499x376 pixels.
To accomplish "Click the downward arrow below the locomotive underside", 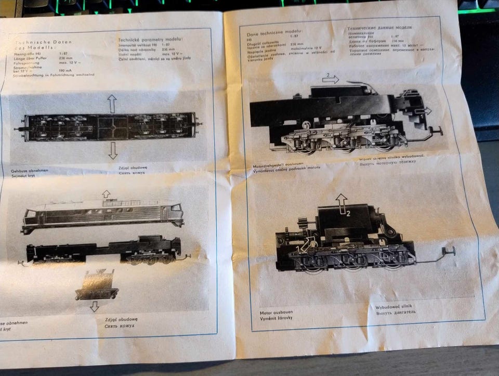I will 112,150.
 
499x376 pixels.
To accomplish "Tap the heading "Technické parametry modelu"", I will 150,40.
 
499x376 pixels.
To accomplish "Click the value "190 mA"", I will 65,70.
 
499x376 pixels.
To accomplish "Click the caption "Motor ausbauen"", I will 276,312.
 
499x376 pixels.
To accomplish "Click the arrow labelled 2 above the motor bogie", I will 342,203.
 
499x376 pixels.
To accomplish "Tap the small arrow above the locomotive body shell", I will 106,194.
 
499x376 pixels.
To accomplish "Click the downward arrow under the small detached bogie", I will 94,307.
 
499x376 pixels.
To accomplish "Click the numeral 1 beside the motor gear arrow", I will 298,248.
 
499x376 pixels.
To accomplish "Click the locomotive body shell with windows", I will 103,215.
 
